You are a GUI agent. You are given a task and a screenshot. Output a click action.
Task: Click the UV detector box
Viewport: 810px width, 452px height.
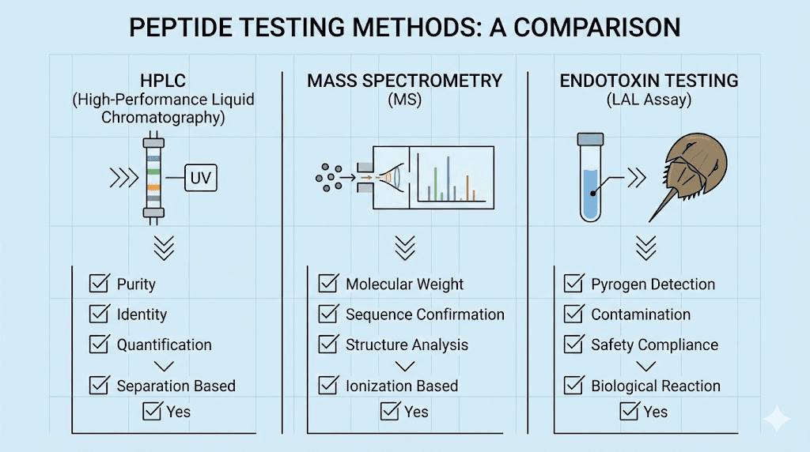[x=200, y=179]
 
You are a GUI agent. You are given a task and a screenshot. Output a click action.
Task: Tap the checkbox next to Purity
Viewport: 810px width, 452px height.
[x=99, y=284]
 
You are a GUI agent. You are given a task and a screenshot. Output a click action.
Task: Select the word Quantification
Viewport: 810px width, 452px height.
[x=164, y=345]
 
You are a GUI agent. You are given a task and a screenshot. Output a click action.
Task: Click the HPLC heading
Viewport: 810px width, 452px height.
[x=161, y=81]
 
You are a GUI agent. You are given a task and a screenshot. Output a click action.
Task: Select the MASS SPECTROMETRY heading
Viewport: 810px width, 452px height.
[x=405, y=81]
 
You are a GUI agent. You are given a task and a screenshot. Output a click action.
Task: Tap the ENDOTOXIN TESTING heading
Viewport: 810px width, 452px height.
[x=649, y=81]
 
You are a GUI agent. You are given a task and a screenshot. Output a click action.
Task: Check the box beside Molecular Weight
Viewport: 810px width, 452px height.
[x=328, y=284]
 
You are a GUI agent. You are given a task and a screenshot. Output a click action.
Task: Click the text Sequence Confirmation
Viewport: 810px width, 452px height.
[x=425, y=315]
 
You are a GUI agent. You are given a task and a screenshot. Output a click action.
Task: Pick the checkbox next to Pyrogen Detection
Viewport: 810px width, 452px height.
[x=573, y=284]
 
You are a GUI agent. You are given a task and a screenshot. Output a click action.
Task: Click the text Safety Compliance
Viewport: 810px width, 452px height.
[x=654, y=345]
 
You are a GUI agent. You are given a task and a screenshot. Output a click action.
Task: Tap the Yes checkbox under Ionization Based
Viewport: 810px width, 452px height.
[x=390, y=411]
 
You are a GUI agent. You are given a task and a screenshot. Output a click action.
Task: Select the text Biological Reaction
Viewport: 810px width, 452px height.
[x=656, y=386]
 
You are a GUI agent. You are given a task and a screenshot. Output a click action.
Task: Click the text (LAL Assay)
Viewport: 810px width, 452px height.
[x=649, y=101]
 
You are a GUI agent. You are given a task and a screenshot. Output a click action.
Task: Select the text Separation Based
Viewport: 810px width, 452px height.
[x=176, y=386]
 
